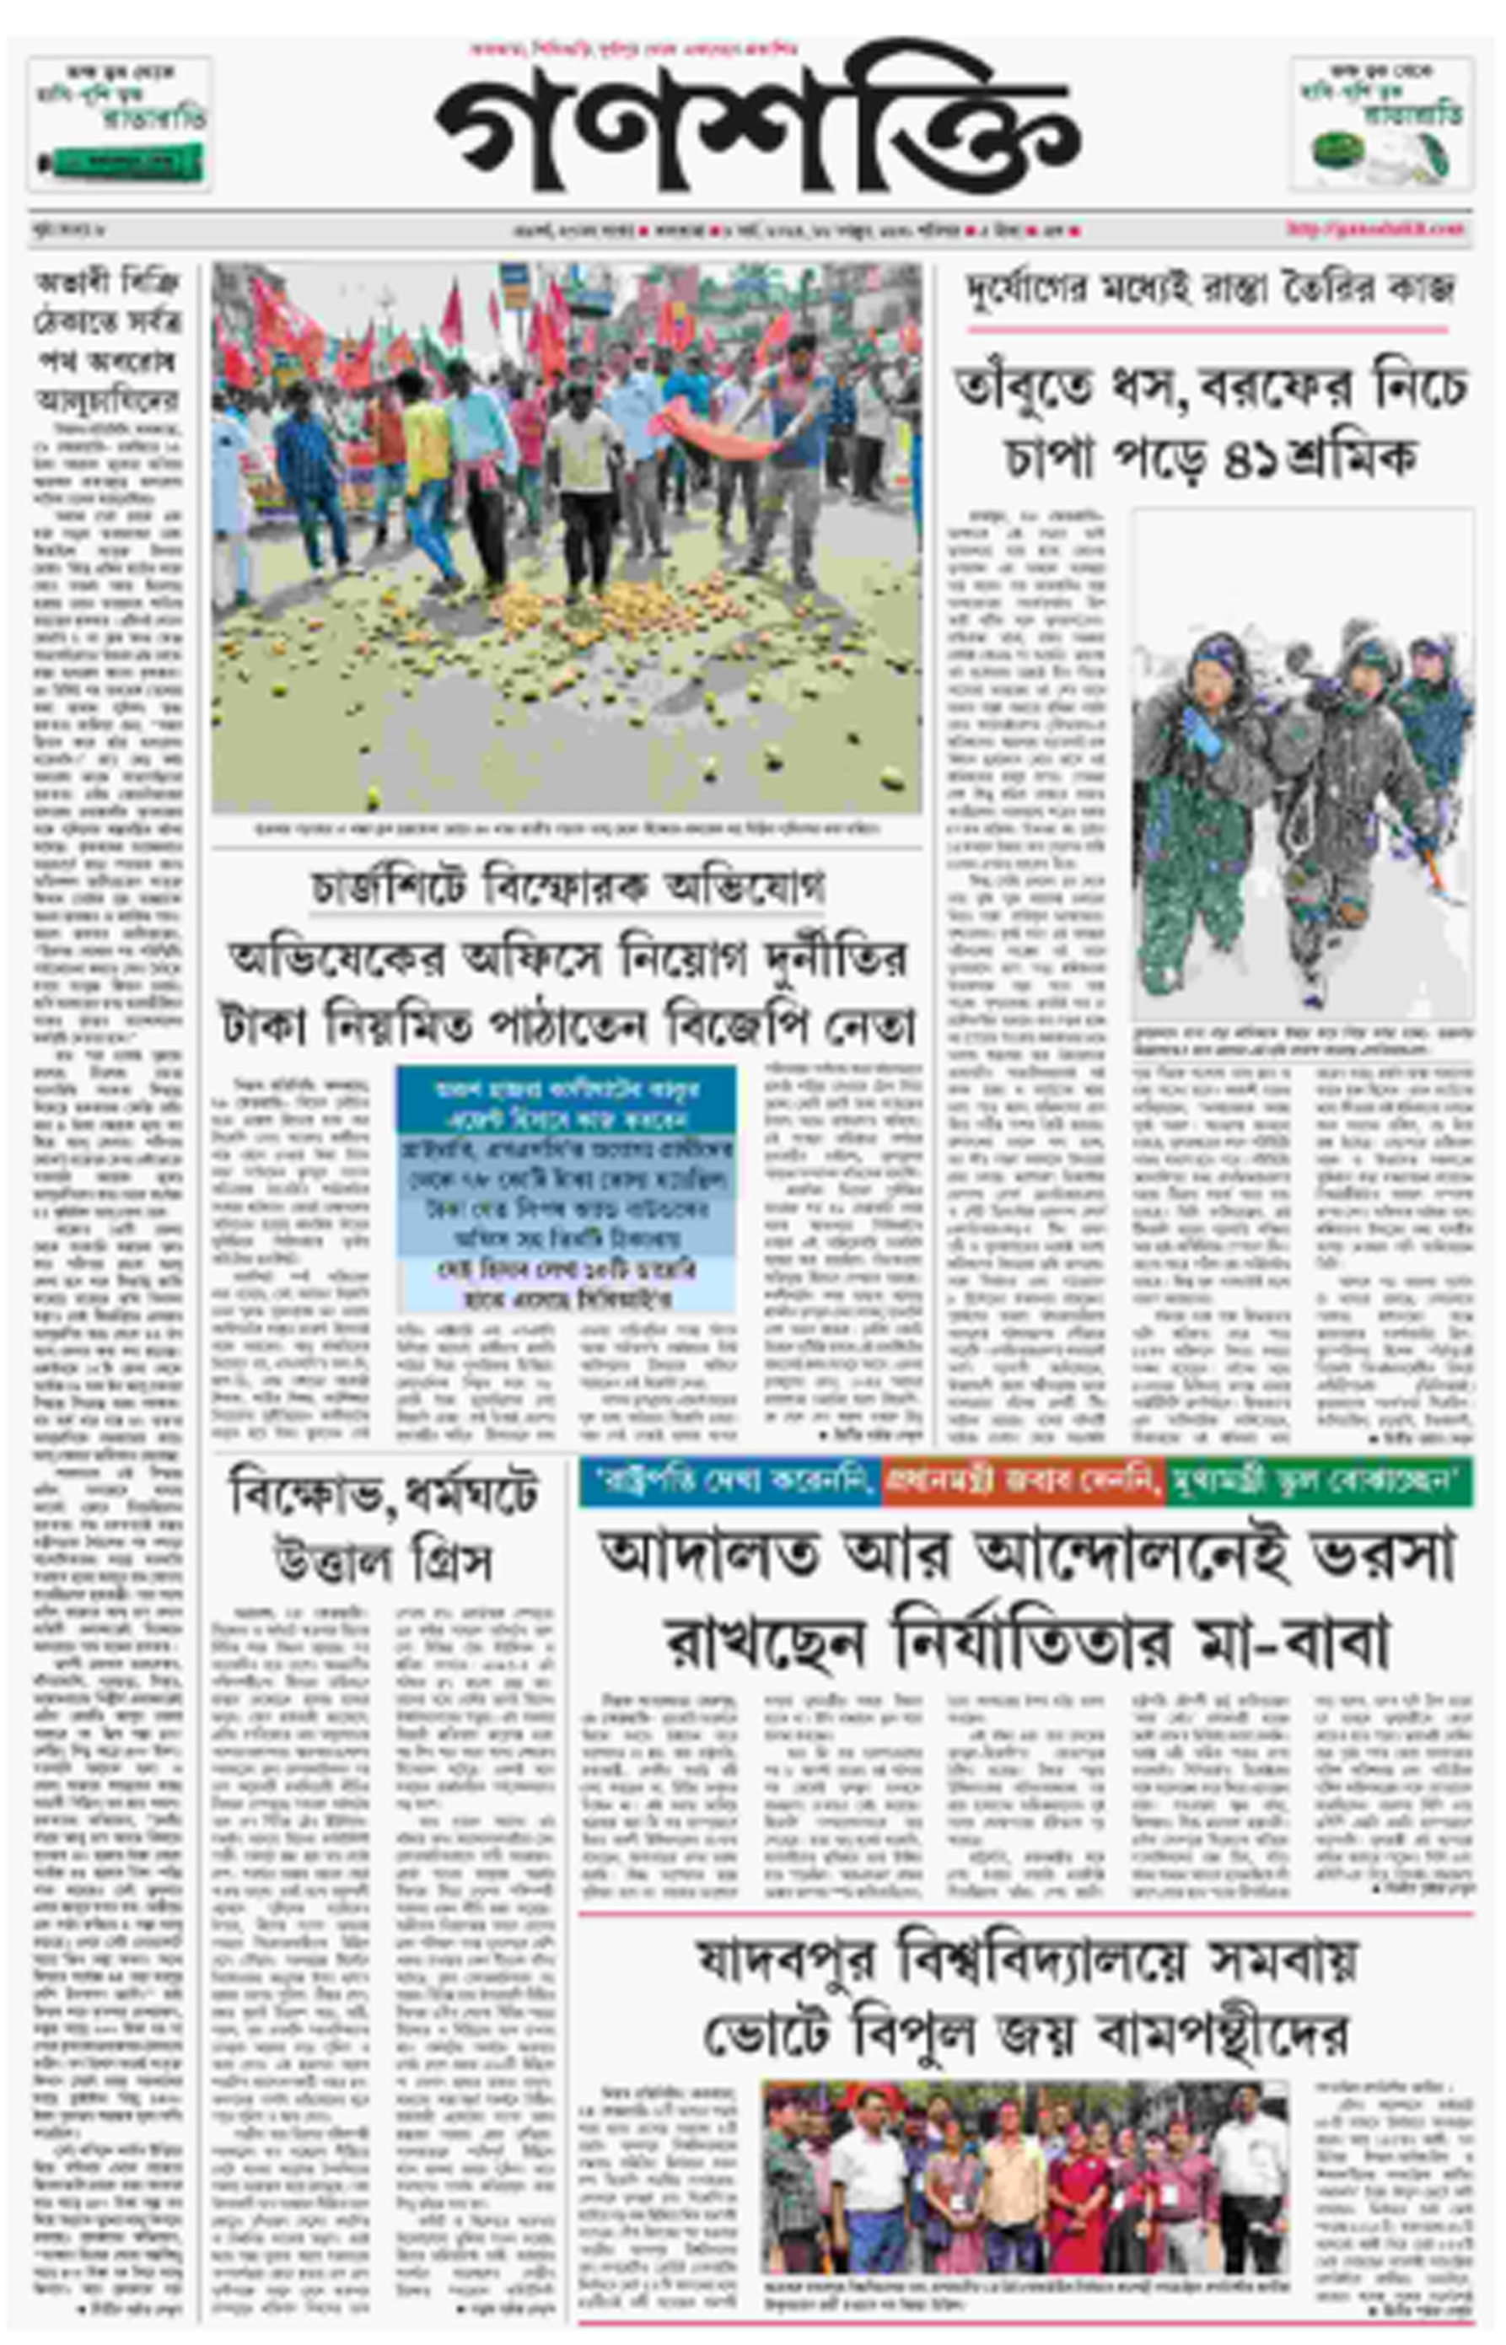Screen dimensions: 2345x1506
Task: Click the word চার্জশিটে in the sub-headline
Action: (391, 887)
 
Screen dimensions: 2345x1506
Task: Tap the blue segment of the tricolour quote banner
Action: (729, 1482)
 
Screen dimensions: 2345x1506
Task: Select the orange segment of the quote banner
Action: (1022, 1482)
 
